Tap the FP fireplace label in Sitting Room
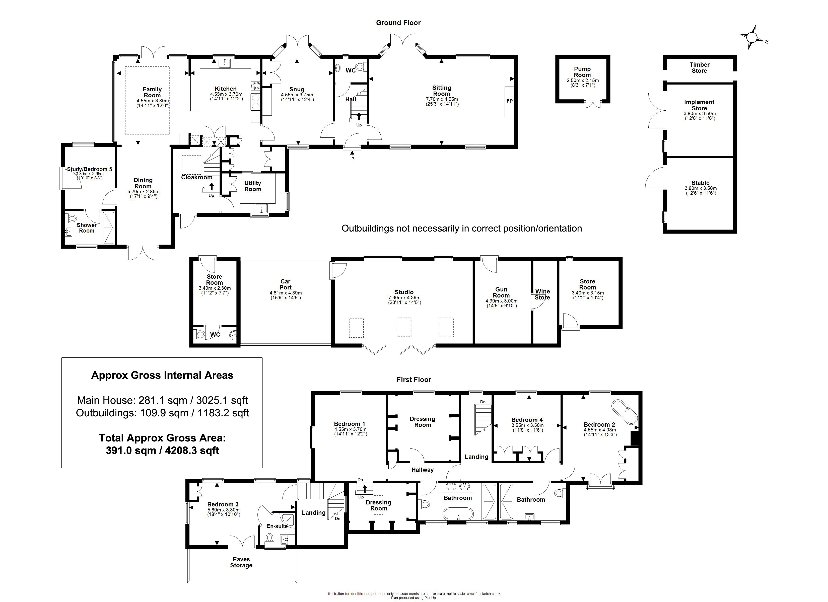coord(509,101)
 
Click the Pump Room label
coord(582,72)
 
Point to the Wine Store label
coord(542,294)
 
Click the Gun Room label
coord(501,292)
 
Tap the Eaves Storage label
coord(241,562)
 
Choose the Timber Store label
coord(700,67)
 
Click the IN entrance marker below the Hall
coord(352,158)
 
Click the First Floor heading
coord(414,380)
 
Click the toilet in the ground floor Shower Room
coord(72,218)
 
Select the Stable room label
coord(701,183)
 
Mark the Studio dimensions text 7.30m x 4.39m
coord(404,297)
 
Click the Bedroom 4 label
coord(527,420)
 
